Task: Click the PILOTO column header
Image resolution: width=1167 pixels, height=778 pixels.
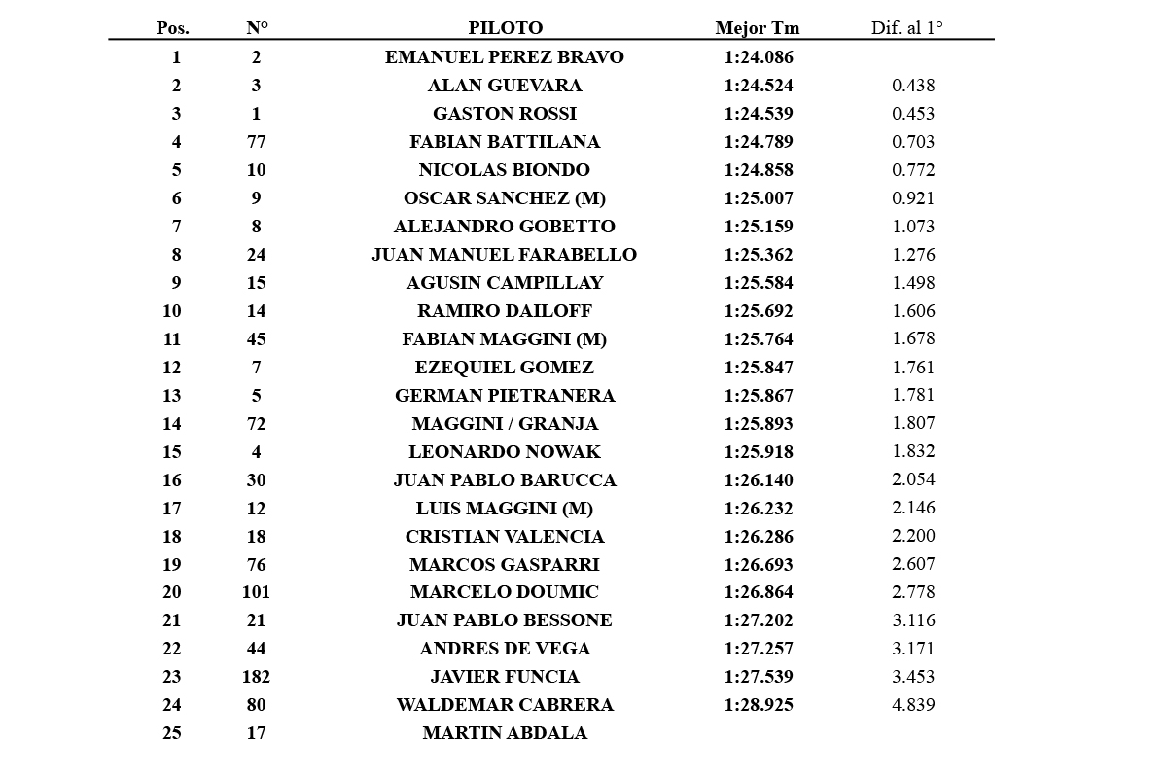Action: (x=505, y=28)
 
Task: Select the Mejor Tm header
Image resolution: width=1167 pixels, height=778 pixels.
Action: (x=757, y=28)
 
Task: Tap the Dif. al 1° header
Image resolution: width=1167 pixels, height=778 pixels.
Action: (x=906, y=28)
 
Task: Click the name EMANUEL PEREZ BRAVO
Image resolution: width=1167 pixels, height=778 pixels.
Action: (x=504, y=57)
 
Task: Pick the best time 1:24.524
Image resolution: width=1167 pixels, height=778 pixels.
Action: (x=759, y=86)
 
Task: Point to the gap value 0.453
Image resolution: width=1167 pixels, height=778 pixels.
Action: (x=913, y=114)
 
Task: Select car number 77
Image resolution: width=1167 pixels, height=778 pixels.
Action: (x=256, y=142)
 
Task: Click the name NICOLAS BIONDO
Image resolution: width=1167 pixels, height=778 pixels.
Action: (x=504, y=170)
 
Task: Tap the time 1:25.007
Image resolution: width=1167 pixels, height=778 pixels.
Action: (x=759, y=198)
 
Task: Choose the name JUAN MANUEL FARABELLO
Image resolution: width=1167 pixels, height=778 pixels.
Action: (x=504, y=255)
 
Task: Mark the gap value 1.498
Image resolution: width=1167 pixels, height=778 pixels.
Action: (x=913, y=283)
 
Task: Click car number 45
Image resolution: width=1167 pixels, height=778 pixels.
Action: (x=256, y=339)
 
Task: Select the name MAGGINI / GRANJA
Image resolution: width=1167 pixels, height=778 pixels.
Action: (x=504, y=424)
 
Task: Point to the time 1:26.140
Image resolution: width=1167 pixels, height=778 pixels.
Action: (x=759, y=480)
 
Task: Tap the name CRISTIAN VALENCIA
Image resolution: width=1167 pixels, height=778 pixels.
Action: (x=504, y=537)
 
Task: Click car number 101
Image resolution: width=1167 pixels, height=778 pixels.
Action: (x=256, y=592)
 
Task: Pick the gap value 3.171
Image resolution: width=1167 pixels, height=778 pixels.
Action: (x=913, y=649)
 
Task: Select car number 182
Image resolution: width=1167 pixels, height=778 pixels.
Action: (x=256, y=677)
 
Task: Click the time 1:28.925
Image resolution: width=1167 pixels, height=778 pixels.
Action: (x=759, y=705)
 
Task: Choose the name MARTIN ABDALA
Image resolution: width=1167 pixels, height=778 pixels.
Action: (x=504, y=733)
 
